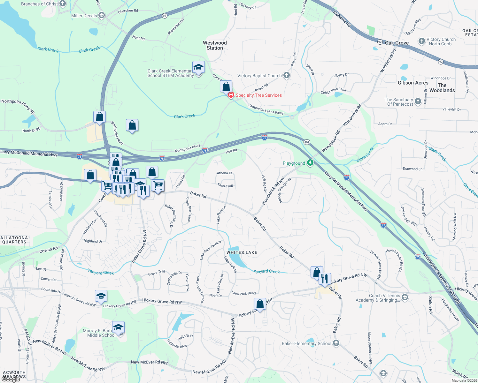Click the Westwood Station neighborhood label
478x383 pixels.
click(215, 45)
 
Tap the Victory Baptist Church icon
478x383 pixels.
click(287, 75)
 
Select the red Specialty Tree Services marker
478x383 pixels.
click(231, 95)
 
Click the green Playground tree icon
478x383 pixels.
click(310, 163)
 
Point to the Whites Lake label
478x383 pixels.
click(242, 252)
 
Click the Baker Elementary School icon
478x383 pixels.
click(336, 343)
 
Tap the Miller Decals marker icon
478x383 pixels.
click(102, 15)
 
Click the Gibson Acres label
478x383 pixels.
click(413, 83)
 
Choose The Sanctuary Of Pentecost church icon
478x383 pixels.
click(418, 101)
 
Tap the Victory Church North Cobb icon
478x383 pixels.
click(422, 41)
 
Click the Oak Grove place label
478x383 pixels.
click(397, 43)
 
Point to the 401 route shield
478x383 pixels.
click(307, 142)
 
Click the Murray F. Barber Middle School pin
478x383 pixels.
click(118, 328)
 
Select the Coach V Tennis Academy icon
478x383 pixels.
click(405, 297)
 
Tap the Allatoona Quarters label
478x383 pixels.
click(14, 240)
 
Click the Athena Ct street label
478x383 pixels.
click(225, 173)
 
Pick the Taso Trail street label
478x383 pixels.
click(225, 185)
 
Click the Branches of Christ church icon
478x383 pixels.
click(63, 4)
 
